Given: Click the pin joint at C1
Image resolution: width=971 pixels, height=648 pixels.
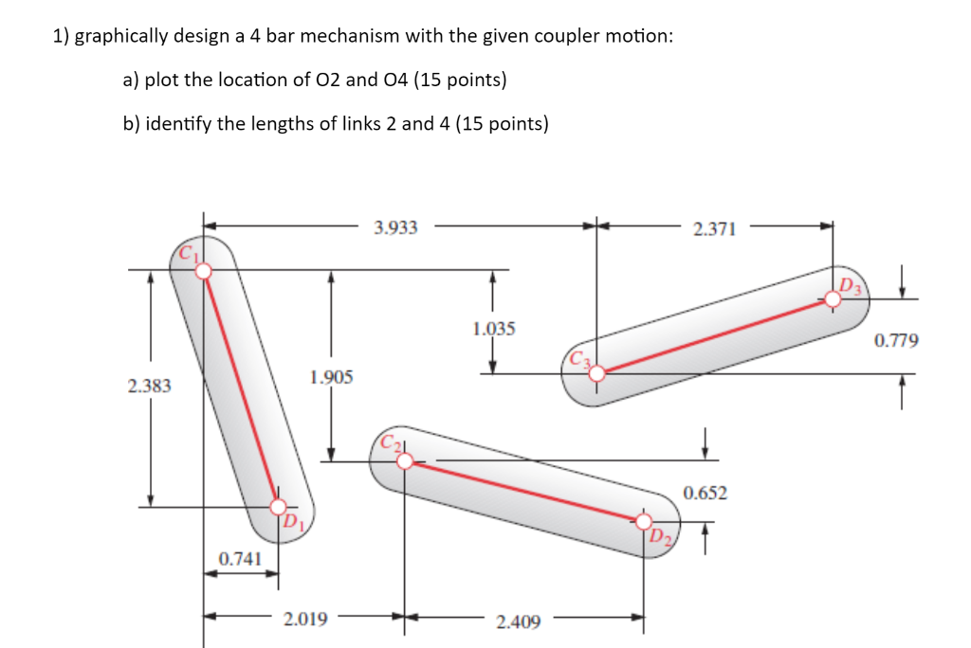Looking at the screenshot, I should pos(203,271).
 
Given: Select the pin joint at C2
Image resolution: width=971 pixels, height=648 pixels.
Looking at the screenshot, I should pos(405,461).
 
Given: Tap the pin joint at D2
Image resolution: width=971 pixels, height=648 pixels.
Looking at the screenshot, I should pos(644,521).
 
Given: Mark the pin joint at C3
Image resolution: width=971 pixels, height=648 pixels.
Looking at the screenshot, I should pos(596,374).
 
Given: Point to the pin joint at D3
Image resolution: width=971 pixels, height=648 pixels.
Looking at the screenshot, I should pos(833,299).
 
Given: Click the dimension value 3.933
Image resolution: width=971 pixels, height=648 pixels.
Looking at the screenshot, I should pos(395,227).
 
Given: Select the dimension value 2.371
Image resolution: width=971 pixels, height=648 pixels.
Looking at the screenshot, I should pos(714,228).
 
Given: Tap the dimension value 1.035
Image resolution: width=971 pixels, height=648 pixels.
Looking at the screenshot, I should pos(493,329).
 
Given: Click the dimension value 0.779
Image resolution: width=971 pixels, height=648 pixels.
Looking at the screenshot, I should pos(896,339).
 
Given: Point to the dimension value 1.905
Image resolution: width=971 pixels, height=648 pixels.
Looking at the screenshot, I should pos(331,377).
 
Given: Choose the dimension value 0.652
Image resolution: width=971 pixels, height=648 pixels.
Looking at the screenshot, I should pos(705,492).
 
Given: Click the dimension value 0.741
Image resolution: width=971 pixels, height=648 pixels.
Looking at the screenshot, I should pos(240,559).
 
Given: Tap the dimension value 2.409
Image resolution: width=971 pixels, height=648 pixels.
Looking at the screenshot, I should pos(518,622).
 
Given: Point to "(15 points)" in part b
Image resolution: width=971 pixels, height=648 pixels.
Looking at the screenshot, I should pos(503,124).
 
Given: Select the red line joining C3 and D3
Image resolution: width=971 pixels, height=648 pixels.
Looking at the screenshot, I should pos(715,336).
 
